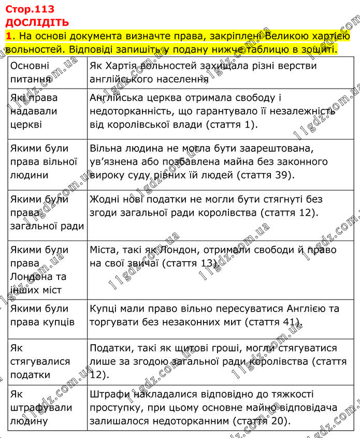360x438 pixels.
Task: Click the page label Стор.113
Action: tap(30, 9)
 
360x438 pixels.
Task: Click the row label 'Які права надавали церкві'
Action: tap(34, 111)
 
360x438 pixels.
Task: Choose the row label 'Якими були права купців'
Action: tap(42, 315)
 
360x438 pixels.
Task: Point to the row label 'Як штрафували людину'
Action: tap(41, 407)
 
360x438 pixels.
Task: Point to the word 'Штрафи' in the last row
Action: tap(107, 394)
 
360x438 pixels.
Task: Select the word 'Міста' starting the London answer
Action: tap(104, 250)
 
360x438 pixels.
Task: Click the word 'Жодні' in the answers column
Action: tap(105, 200)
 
